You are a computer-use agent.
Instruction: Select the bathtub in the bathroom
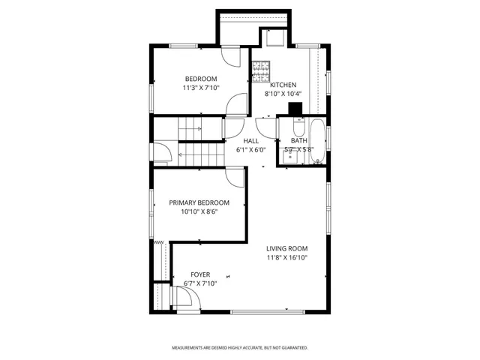point(317,142)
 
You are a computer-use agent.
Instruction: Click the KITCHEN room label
point(283,85)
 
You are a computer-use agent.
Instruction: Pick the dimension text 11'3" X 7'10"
point(201,88)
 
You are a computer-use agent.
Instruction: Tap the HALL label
point(251,140)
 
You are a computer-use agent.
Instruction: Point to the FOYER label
point(200,274)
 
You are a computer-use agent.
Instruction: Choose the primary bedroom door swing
point(235,176)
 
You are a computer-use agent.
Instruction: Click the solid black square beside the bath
point(295,108)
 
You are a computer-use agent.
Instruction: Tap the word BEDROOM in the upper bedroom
point(201,79)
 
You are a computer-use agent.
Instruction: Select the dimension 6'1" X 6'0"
point(251,149)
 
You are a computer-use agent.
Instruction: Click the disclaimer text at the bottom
point(240,348)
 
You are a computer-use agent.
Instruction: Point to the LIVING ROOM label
point(287,248)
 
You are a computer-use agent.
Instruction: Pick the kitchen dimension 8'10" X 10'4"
point(283,94)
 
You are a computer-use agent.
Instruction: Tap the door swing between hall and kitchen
point(264,126)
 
